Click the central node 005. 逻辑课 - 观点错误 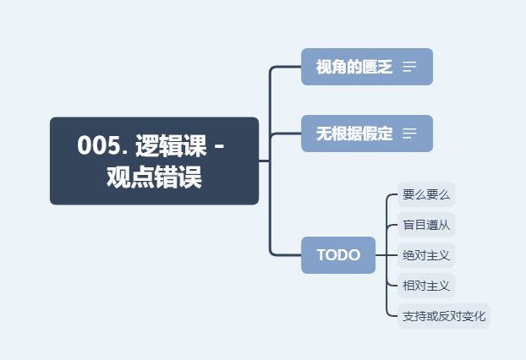154,161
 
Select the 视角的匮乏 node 354,67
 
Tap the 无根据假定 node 354,134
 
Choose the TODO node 338,255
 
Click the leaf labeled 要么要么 426,194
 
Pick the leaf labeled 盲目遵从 426,225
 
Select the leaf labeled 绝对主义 426,254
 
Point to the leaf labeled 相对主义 426,285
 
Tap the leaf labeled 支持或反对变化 444,316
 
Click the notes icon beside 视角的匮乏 410,67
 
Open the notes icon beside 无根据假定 410,134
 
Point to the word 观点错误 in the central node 154,178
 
